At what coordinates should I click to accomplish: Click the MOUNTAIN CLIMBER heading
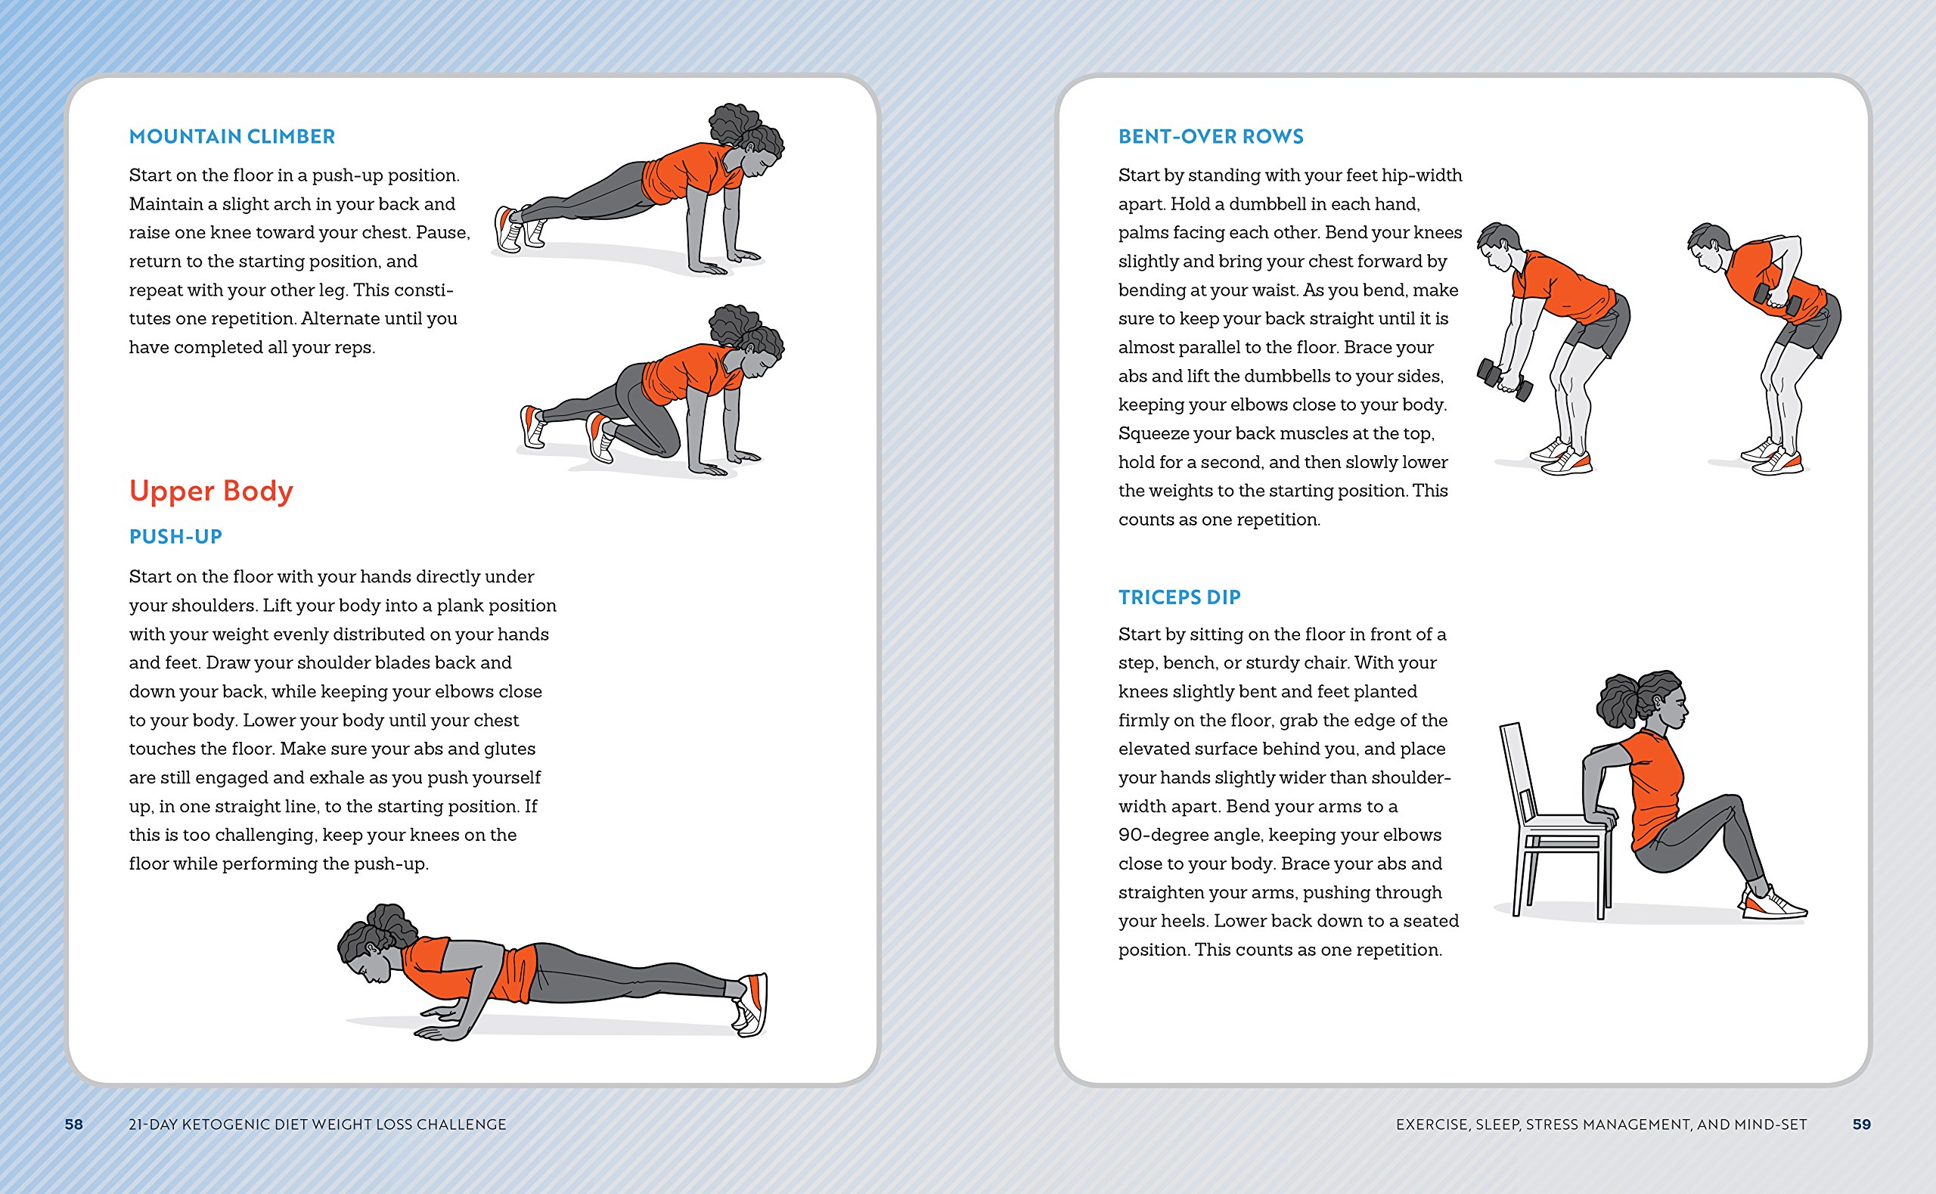pyautogui.click(x=231, y=137)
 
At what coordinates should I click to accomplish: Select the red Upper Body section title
pyautogui.click(x=211, y=491)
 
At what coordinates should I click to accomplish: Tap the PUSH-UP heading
pyautogui.click(x=175, y=537)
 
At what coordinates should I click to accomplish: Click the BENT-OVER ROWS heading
pyautogui.click(x=1211, y=137)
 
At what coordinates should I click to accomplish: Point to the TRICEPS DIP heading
pyautogui.click(x=1179, y=598)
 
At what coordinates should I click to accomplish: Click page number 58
pyautogui.click(x=73, y=1124)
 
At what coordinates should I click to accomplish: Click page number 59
pyautogui.click(x=1861, y=1124)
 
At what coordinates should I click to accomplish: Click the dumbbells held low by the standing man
pyautogui.click(x=1504, y=380)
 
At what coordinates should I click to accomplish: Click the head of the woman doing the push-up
pyautogui.click(x=371, y=951)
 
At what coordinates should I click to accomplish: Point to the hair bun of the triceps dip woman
pyautogui.click(x=1618, y=699)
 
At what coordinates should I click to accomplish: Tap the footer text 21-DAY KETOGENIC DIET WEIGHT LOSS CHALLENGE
pyautogui.click(x=317, y=1124)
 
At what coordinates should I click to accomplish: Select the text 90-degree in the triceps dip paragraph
pyautogui.click(x=1167, y=835)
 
